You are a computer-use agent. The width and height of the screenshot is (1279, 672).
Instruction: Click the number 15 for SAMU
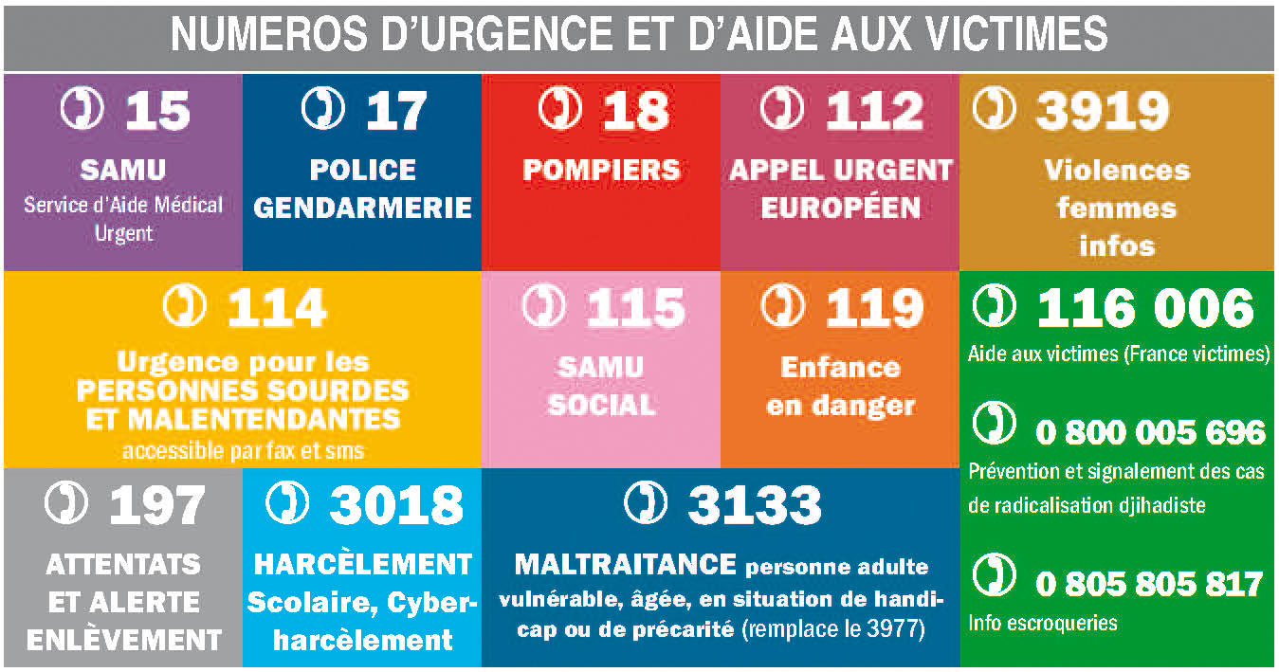(157, 112)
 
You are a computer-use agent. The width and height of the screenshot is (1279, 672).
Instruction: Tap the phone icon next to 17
(323, 108)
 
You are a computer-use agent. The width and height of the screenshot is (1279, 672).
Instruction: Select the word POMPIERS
(601, 171)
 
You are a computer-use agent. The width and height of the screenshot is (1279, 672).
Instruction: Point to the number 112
(873, 112)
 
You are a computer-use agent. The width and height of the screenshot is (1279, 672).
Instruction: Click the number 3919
(1101, 112)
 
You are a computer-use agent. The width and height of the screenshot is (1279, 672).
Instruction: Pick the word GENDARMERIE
(363, 209)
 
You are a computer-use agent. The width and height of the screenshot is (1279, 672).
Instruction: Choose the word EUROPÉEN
(840, 209)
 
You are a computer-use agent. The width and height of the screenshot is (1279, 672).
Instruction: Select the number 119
(873, 308)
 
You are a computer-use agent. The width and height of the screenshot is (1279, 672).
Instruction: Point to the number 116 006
(1144, 309)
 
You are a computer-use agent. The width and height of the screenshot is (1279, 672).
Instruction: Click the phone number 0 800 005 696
(1150, 432)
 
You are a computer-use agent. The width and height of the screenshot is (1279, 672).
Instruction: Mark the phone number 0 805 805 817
(1149, 584)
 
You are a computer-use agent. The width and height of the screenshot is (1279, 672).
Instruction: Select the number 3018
(395, 507)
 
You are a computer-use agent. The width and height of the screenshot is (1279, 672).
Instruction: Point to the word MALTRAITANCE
(625, 565)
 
